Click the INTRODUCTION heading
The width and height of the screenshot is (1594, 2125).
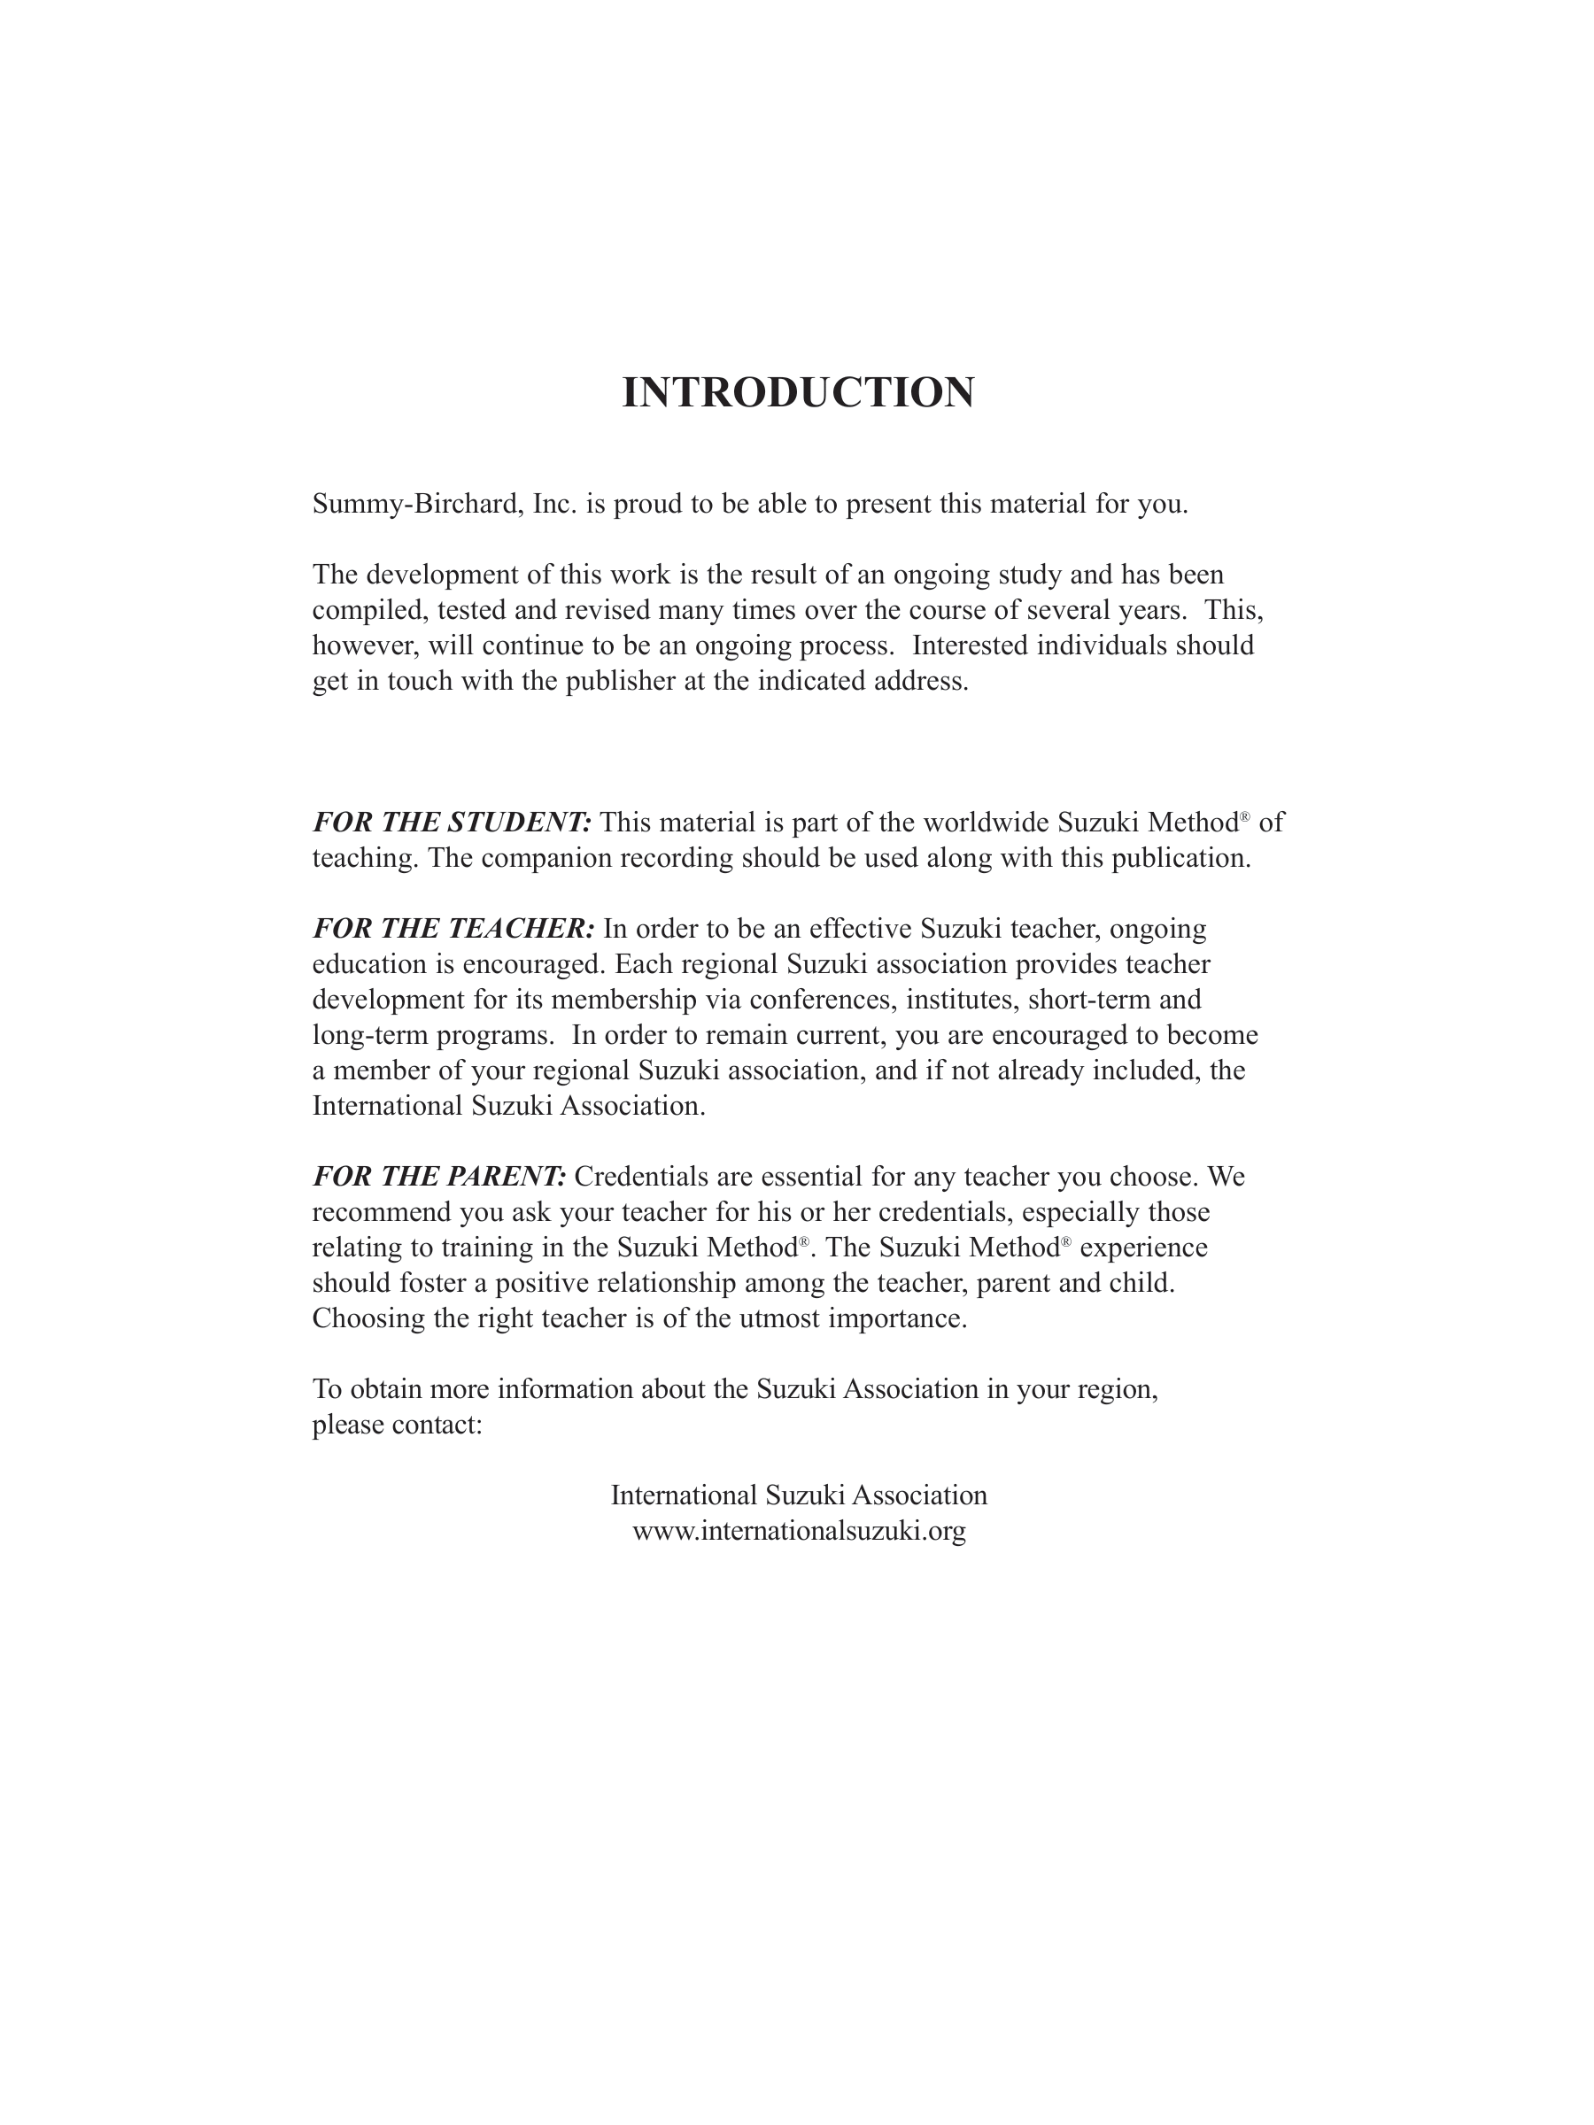(798, 393)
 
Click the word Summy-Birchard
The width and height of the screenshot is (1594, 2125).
(417, 505)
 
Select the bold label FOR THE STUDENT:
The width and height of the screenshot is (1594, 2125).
(452, 823)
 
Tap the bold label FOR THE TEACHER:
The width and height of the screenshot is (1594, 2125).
(453, 929)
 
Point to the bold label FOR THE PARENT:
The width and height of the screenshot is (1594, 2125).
(439, 1177)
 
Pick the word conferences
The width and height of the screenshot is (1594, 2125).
(824, 1000)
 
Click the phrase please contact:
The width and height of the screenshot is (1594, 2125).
(397, 1425)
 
